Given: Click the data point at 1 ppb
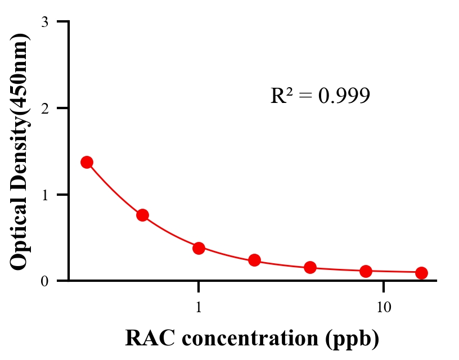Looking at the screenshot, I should pos(199,248).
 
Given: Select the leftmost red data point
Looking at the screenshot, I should pos(87,162).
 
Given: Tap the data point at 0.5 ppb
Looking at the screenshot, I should pos(143,215).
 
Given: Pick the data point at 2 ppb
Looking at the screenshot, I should pos(254,260).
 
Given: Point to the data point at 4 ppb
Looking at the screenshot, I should pos(310,267).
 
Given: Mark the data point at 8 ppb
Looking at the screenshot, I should pos(366,271).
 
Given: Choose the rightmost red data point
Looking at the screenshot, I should pos(421,273).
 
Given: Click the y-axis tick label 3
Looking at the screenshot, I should pos(44,22).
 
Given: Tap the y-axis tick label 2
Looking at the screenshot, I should pos(44,108).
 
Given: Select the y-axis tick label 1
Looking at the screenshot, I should pos(44,195).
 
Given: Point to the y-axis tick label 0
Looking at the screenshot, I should pos(44,281).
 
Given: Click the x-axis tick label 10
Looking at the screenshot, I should pos(383,308).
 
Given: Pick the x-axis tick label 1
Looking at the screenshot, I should pos(199,308).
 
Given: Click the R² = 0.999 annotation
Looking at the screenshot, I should pos(320,96).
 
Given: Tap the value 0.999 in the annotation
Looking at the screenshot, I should pos(344,96).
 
